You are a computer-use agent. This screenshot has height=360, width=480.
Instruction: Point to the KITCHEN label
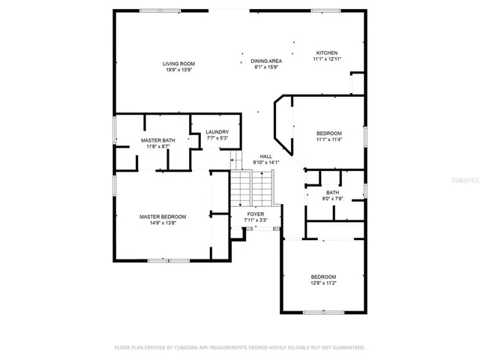(325, 52)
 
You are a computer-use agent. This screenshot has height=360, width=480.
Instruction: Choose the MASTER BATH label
(157, 140)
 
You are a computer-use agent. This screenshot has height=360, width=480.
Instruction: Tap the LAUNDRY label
(217, 132)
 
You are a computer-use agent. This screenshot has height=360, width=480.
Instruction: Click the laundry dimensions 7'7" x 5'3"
(217, 139)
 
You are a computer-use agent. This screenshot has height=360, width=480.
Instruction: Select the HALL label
(265, 156)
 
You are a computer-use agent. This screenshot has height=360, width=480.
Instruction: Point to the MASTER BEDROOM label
(163, 216)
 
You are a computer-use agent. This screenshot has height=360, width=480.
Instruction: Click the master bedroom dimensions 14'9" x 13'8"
(163, 223)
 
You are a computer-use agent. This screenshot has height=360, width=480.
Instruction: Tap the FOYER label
(256, 214)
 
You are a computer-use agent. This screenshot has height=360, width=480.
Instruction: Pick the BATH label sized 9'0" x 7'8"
(332, 192)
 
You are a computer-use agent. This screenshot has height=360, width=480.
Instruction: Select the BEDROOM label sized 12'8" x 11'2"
(323, 276)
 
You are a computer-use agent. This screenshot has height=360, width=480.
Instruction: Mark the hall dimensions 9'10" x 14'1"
(265, 163)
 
